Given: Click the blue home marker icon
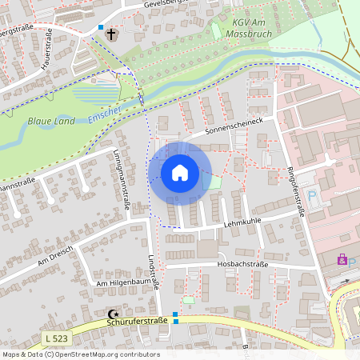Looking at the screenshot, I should coord(179,173).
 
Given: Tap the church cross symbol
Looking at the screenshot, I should coord(111,34).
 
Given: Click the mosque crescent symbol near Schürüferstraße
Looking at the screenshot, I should coord(110,314).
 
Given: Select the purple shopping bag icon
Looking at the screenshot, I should coord(342,259).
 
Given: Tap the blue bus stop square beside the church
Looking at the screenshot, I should coord(101,27).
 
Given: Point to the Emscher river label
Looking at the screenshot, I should coord(105,113).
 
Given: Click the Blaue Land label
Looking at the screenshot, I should coord(51,121).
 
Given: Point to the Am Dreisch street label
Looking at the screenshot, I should coord(54,256).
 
